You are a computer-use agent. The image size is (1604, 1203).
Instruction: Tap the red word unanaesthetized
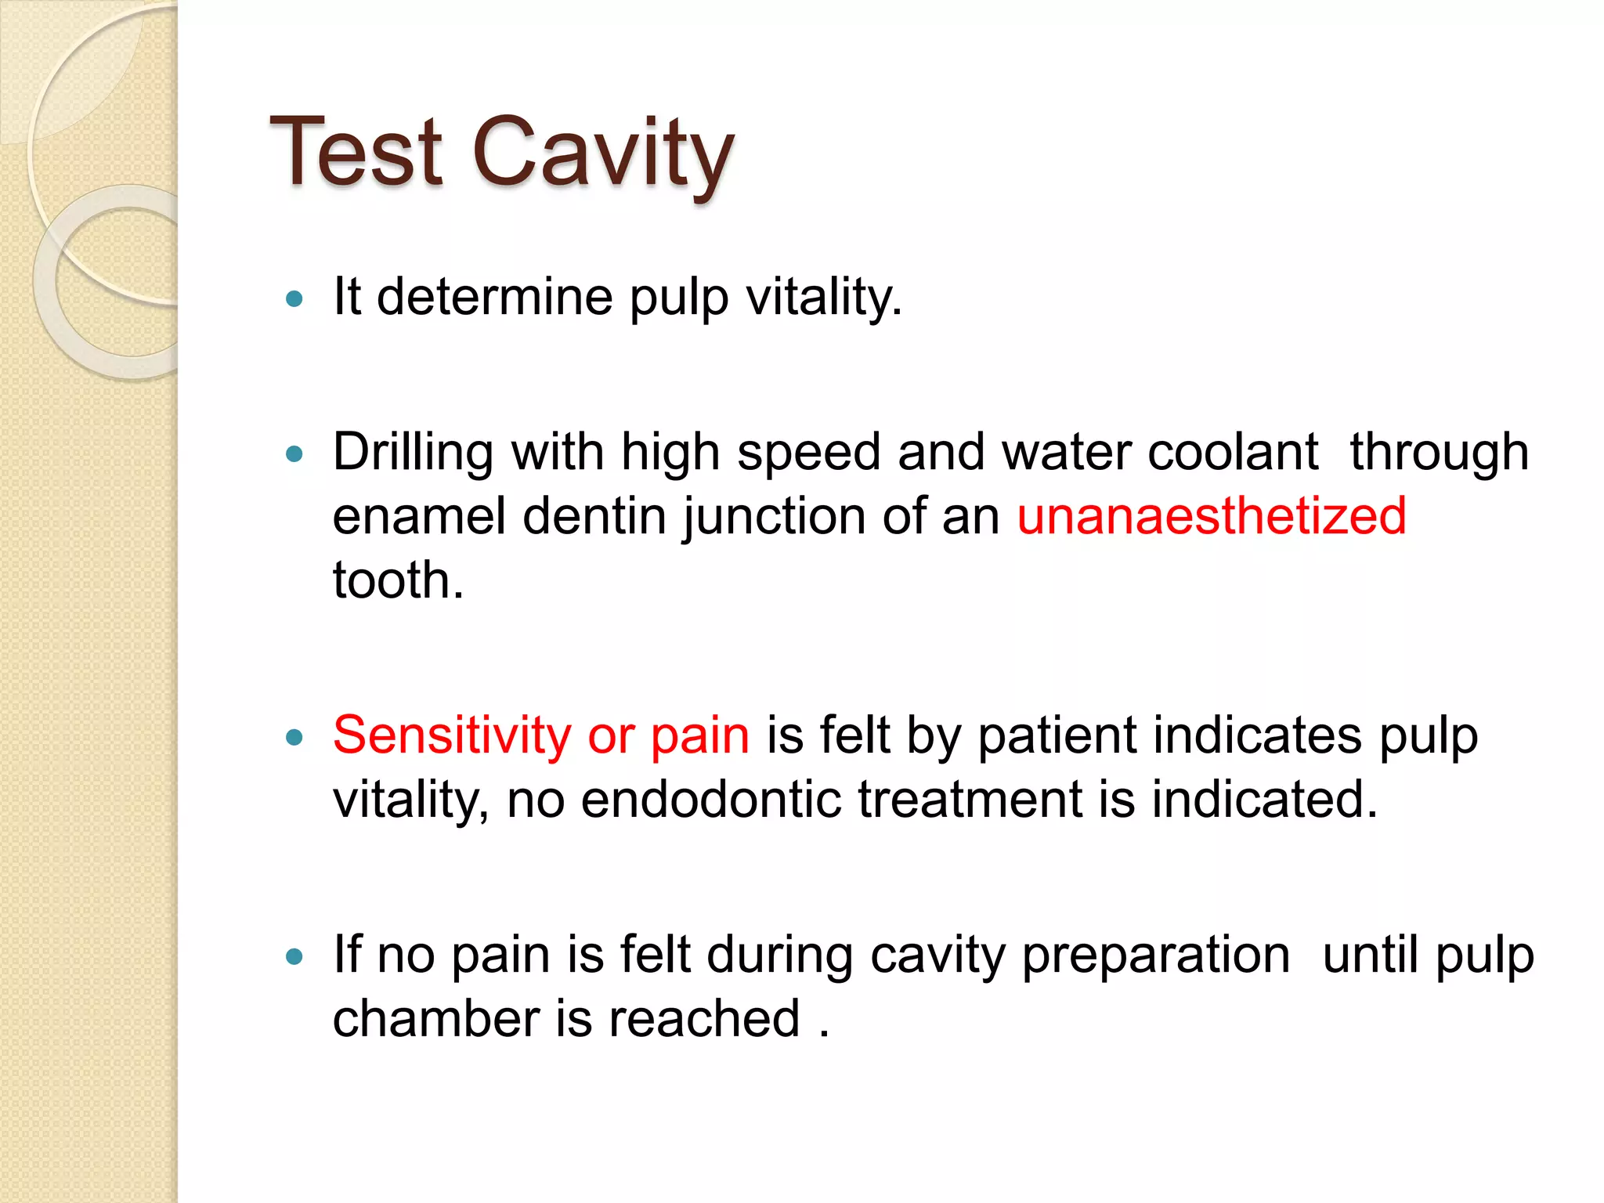coord(1212,517)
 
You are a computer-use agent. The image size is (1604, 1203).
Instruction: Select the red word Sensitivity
coord(452,736)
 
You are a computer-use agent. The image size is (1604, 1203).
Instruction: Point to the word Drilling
coord(413,453)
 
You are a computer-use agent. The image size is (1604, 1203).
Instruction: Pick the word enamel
coord(419,517)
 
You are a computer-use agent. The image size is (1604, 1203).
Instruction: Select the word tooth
coord(398,580)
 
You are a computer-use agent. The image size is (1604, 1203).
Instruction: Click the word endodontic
coord(710,800)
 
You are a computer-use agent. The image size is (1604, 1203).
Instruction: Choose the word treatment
coord(969,800)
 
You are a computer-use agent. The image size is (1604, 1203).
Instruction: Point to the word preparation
coord(1156,956)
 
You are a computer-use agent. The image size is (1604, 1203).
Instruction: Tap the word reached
coord(704,1019)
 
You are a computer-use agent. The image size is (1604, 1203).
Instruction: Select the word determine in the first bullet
coord(494,297)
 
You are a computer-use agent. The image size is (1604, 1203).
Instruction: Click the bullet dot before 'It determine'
coord(294,298)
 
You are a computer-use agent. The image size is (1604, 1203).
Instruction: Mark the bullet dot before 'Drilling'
coord(294,454)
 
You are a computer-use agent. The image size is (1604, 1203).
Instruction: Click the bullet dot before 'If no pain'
coord(294,956)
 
